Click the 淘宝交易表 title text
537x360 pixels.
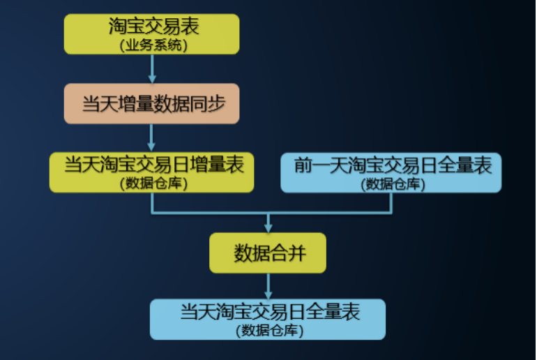(x=153, y=27)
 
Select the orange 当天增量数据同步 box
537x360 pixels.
(x=151, y=103)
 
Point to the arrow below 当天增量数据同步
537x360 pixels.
(x=151, y=137)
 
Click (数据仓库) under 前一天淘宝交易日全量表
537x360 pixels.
(x=393, y=183)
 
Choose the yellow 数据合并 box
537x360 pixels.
(x=268, y=253)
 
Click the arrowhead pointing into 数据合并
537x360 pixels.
(x=268, y=227)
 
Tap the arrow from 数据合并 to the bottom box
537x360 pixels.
(x=268, y=285)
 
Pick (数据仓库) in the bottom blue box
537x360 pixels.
(x=269, y=330)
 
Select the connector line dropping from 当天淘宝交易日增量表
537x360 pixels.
(x=152, y=202)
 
